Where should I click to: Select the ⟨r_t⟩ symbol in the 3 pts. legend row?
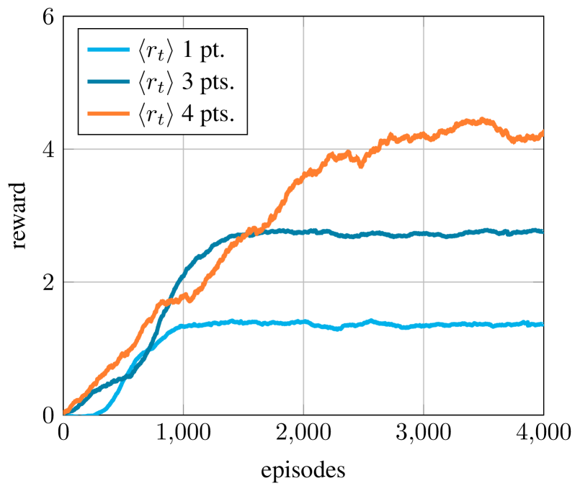[x=156, y=83]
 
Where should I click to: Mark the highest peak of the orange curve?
[x=481, y=120]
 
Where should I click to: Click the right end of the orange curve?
[x=543, y=132]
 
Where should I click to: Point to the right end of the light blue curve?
[x=543, y=324]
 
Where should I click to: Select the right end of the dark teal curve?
[x=543, y=231]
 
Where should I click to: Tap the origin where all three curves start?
[x=64, y=414]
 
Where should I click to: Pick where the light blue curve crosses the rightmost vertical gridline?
[x=423, y=325]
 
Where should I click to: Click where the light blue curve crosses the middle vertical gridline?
[x=303, y=323]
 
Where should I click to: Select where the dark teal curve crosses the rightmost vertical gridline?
[x=423, y=233]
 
